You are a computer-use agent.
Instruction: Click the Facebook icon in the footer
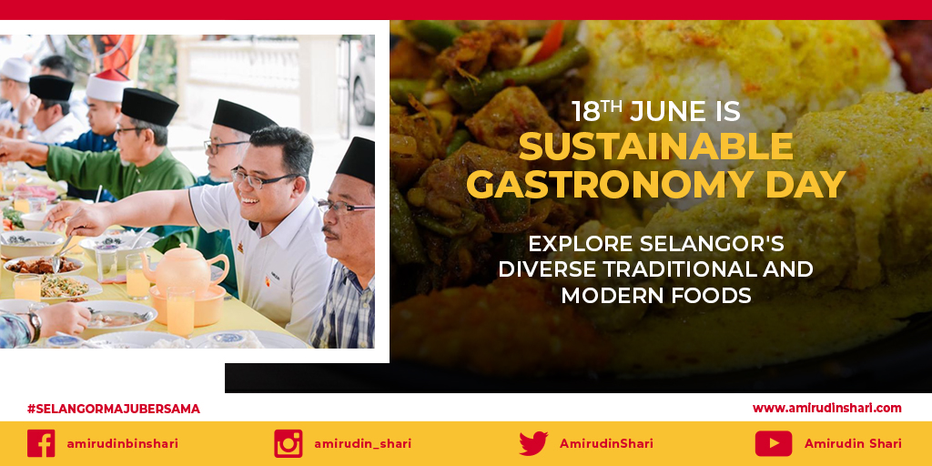pyautogui.click(x=41, y=443)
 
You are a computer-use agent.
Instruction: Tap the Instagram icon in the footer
pyautogui.click(x=288, y=443)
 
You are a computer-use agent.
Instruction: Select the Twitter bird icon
pyautogui.click(x=533, y=443)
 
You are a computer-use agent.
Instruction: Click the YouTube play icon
pyautogui.click(x=773, y=443)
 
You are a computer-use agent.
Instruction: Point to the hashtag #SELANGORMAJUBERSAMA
pyautogui.click(x=114, y=409)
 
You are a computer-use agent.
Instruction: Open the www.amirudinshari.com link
pyautogui.click(x=826, y=408)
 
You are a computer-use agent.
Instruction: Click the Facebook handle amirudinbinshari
pyautogui.click(x=122, y=443)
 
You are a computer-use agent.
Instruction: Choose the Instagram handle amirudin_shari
pyautogui.click(x=362, y=443)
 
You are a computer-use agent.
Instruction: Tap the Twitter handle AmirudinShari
pyautogui.click(x=606, y=443)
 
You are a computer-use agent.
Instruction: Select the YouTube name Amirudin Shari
pyautogui.click(x=853, y=443)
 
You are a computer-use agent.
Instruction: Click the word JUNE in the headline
pyautogui.click(x=669, y=112)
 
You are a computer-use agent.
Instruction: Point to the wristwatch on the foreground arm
pyautogui.click(x=34, y=325)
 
